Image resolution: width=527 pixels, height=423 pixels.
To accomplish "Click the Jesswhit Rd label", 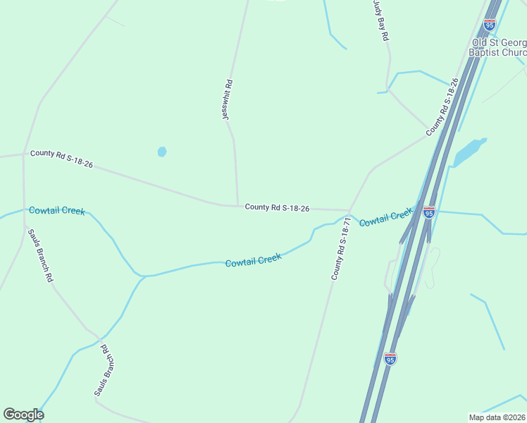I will tap(228, 99).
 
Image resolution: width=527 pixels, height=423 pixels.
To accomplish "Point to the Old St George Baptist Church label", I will tap(499, 47).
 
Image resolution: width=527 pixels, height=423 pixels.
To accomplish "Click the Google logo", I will tap(23, 414).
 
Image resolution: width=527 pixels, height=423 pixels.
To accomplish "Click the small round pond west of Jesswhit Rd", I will tap(162, 152).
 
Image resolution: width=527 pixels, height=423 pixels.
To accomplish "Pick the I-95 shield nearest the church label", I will tap(489, 25).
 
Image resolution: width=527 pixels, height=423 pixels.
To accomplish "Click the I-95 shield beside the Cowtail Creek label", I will tap(428, 211).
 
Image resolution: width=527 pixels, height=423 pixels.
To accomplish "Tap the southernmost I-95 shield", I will tap(390, 359).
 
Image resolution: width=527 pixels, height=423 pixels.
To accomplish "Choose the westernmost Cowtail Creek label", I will tap(56, 211).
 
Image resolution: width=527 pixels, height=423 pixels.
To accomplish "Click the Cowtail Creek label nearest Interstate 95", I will tap(385, 218).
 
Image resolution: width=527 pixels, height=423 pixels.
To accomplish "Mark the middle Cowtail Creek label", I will tap(254, 260).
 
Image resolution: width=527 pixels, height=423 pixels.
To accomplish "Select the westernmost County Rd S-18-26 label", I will tap(61, 158).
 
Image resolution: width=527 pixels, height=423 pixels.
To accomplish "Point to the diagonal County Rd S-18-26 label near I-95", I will tap(442, 107).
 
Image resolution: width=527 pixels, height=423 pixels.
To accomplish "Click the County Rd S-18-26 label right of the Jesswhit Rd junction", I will tap(277, 207).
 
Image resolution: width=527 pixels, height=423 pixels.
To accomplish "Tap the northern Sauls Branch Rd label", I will tap(40, 255).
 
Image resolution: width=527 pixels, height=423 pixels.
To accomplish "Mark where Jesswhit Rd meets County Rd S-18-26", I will tap(237, 206).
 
